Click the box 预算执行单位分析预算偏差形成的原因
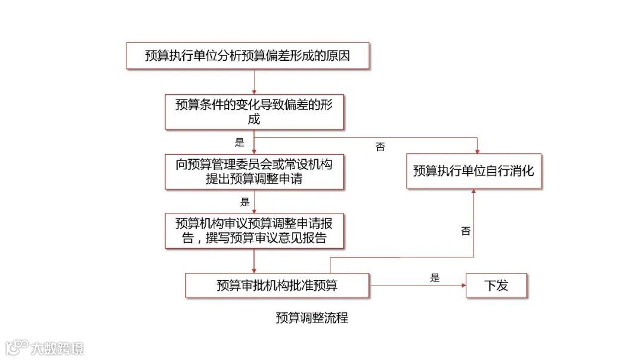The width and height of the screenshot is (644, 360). click(247, 56)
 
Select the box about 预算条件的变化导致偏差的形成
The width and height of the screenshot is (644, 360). click(254, 111)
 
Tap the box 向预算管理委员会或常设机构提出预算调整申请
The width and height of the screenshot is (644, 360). click(254, 172)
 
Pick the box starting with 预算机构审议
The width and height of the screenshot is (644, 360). click(254, 231)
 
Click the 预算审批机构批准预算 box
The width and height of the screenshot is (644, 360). click(277, 285)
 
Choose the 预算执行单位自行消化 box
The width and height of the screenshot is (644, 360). click(473, 171)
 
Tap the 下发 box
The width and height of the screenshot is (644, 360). click(496, 285)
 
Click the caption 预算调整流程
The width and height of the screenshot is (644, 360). click(311, 318)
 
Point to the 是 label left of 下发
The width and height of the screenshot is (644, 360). click(434, 277)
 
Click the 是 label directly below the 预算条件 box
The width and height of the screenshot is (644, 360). click(240, 142)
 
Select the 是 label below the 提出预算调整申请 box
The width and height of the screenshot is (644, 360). click(244, 201)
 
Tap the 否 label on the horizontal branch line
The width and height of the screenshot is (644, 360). click(380, 147)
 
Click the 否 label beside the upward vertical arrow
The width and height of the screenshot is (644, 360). click(466, 231)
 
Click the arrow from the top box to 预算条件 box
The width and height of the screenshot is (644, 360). click(254, 82)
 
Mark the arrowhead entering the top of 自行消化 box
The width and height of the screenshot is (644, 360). click(476, 149)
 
